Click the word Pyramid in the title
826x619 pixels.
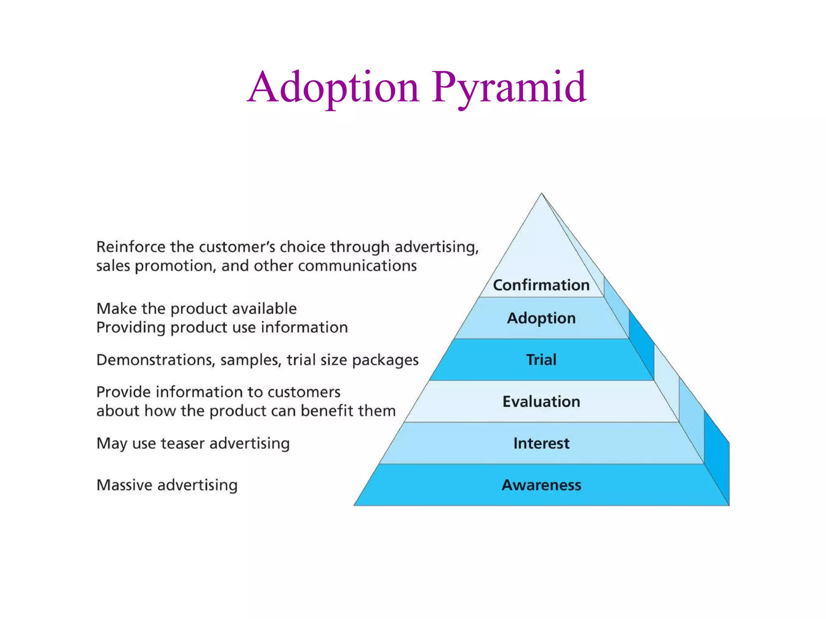pos(509,87)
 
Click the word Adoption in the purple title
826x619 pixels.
pos(334,87)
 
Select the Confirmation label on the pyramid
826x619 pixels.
pos(541,285)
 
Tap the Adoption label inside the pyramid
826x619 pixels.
pos(541,318)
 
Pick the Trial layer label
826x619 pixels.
pos(541,359)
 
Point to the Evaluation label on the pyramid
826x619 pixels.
pos(541,401)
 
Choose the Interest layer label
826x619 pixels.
pos(541,443)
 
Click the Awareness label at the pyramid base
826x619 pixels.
pos(541,485)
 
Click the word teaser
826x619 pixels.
pos(183,443)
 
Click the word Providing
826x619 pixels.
pos(130,328)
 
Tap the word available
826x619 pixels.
pos(264,309)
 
